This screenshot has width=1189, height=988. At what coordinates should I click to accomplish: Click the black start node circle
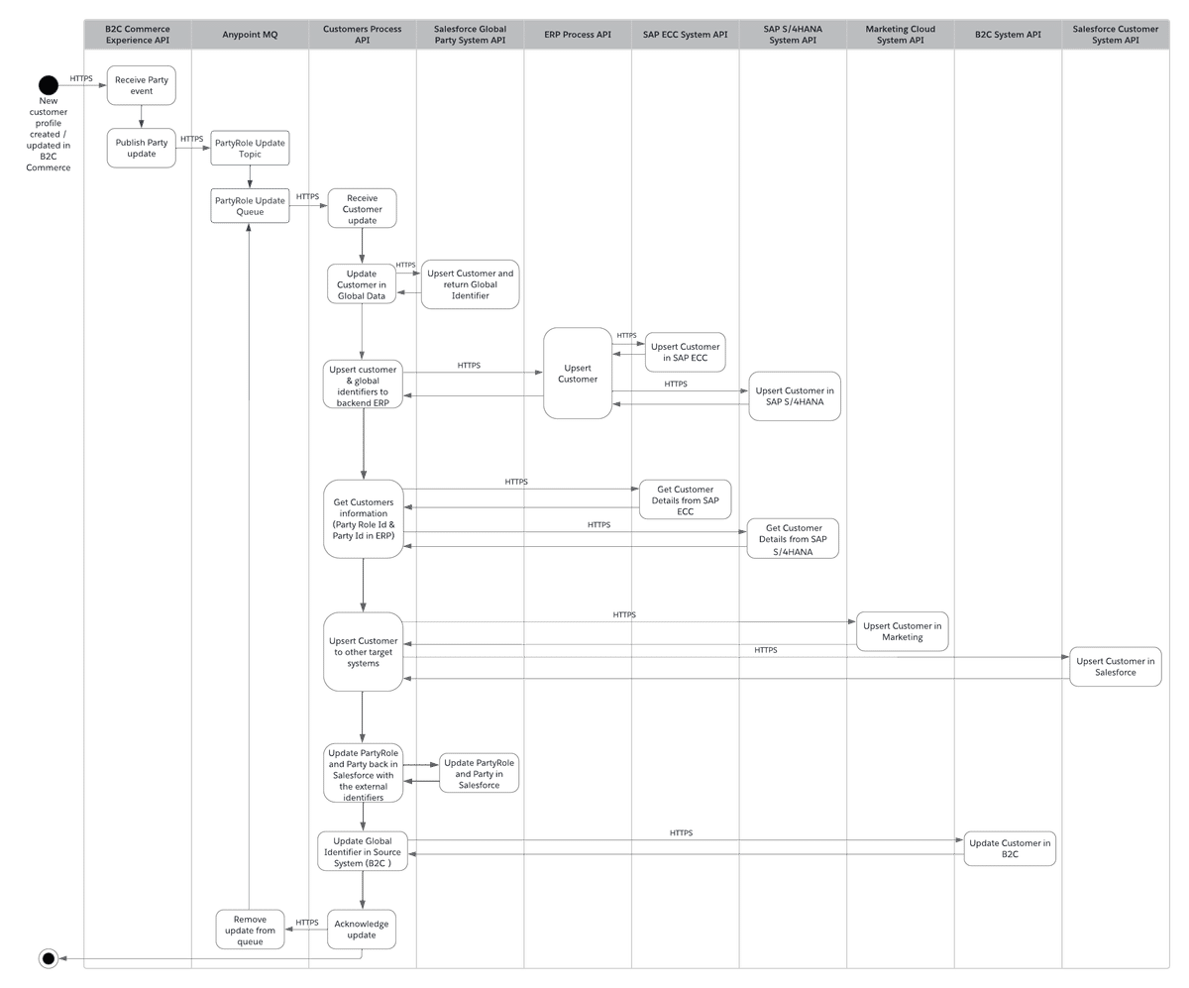click(x=48, y=83)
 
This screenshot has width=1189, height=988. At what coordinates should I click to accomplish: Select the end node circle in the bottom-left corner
click(x=46, y=957)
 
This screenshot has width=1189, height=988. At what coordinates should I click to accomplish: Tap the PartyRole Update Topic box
click(x=250, y=150)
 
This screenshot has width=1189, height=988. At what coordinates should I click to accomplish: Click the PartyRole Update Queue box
click(x=250, y=206)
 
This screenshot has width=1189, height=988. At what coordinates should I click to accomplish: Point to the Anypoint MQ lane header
click(x=250, y=35)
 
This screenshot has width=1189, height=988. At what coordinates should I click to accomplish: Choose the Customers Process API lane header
click(x=363, y=35)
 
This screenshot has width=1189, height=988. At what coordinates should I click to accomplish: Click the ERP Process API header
click(x=577, y=35)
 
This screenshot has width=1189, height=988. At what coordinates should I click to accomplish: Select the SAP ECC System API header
click(x=685, y=35)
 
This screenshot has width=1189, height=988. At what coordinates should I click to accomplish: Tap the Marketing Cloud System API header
click(x=900, y=35)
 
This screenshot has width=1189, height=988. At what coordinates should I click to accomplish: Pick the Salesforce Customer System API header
click(x=1115, y=35)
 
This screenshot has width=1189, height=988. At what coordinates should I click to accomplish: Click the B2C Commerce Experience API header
click(x=138, y=35)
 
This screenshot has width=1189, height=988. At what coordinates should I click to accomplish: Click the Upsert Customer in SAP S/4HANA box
click(x=794, y=396)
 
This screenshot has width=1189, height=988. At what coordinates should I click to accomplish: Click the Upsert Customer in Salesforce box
click(x=1116, y=666)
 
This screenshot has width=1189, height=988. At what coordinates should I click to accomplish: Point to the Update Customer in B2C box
click(x=1009, y=848)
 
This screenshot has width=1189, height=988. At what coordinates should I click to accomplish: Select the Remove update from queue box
click(x=250, y=928)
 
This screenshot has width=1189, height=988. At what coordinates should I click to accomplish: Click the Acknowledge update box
click(x=363, y=928)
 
